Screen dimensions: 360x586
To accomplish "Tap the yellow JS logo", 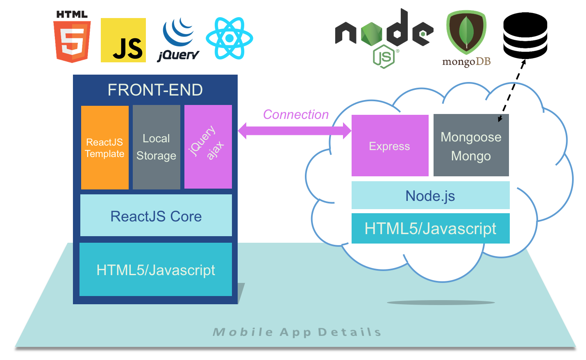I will point(123,40).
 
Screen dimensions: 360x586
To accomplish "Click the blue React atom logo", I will point(229,38).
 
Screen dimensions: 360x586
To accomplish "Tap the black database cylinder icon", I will point(525,35).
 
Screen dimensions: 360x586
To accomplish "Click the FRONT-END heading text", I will point(155,90).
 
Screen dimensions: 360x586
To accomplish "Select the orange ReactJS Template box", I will point(105,148).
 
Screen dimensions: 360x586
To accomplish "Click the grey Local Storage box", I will point(156,147).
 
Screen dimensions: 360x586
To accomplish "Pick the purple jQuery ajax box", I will point(208,147).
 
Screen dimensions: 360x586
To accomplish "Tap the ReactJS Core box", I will point(156,216).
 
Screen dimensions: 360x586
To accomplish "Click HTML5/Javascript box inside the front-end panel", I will point(156,269).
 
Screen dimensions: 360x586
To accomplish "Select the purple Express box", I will point(390,146).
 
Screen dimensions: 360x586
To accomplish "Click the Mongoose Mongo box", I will point(471,146).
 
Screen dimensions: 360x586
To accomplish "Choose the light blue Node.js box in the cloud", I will point(430,196).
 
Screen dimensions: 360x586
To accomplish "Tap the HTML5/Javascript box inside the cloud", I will point(430,228).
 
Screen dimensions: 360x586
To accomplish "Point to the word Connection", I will point(296,114).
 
